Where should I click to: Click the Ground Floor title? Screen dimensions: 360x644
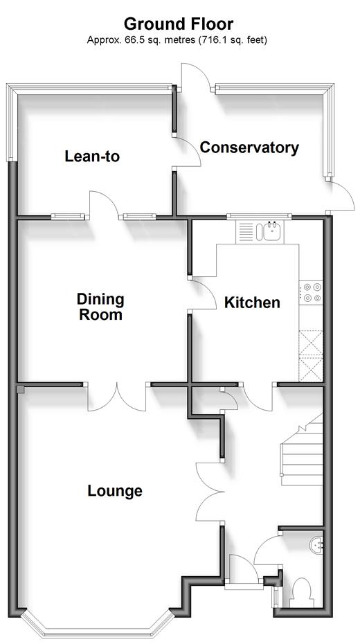(179, 24)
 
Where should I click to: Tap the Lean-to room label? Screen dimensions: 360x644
(92, 156)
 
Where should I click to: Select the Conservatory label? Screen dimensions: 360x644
(249, 147)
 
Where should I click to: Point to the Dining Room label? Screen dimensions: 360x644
(100, 307)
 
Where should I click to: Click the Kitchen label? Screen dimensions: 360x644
(252, 303)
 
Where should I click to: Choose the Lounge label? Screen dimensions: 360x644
(115, 490)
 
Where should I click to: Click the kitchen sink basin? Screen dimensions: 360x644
(271, 232)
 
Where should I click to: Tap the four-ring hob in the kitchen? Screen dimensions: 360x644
(311, 292)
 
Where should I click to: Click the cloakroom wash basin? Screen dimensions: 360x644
(317, 544)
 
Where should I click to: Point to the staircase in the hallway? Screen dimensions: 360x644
(303, 449)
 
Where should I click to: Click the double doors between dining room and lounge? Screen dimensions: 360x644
(117, 397)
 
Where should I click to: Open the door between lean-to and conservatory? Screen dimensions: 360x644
(187, 152)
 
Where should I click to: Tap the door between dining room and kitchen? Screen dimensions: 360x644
(202, 293)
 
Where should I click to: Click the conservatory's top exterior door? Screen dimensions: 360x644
(196, 76)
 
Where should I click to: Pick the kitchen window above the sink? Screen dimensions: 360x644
(259, 216)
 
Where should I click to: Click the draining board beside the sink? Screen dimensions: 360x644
(246, 232)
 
